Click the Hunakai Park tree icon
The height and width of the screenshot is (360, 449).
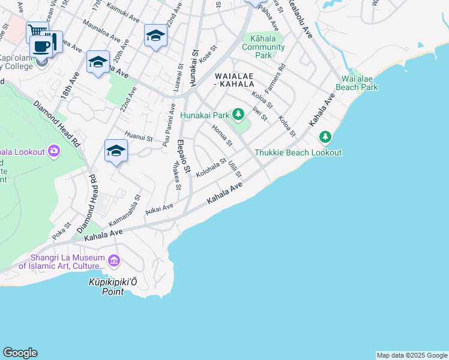coord(238,113)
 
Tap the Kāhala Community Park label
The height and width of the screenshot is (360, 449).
coord(264,47)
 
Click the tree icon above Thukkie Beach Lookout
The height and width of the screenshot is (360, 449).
coord(325,138)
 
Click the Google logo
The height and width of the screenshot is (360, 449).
coord(20,353)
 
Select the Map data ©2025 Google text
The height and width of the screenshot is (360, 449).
coord(411,355)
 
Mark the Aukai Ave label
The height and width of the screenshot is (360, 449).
coord(158,209)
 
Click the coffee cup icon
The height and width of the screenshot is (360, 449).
coord(41,46)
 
